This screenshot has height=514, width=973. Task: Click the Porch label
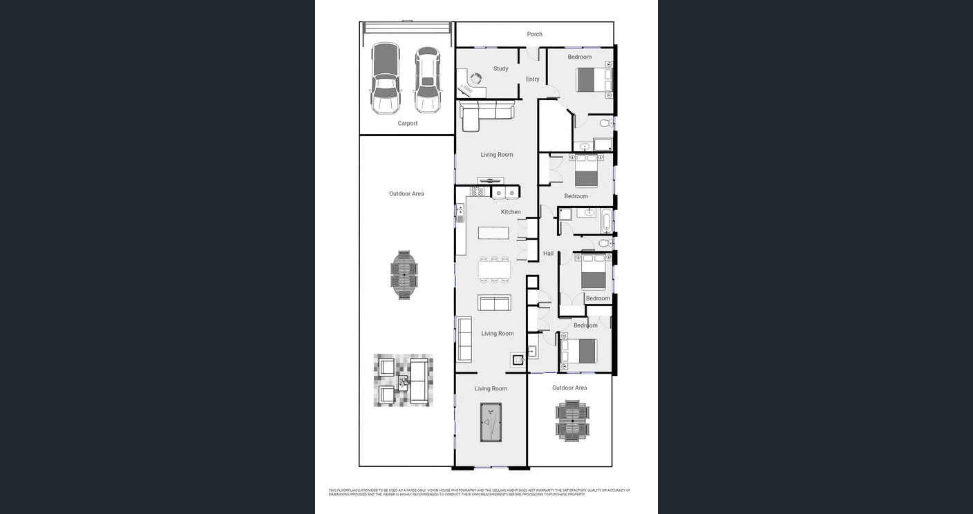click(x=534, y=34)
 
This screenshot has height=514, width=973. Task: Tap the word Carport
click(x=407, y=124)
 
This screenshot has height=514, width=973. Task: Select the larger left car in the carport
click(x=385, y=78)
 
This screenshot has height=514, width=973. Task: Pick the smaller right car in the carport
click(x=428, y=80)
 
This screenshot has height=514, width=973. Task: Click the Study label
click(x=500, y=69)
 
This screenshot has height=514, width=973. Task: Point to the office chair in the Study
click(x=475, y=79)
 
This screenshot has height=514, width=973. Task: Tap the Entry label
click(x=532, y=79)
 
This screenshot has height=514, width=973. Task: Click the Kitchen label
click(x=511, y=212)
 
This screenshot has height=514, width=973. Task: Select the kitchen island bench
click(x=493, y=233)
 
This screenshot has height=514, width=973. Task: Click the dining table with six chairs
click(x=494, y=269)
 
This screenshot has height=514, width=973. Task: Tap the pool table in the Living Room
click(x=491, y=422)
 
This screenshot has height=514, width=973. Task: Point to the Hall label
click(x=548, y=254)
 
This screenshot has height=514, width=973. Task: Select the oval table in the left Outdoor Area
click(x=404, y=274)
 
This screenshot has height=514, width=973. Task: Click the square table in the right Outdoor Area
click(x=572, y=421)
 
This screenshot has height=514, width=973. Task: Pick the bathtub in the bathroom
click(x=606, y=221)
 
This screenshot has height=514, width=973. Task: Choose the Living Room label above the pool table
click(x=491, y=389)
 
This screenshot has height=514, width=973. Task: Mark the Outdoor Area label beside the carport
click(x=406, y=194)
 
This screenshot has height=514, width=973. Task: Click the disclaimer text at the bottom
click(x=479, y=493)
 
